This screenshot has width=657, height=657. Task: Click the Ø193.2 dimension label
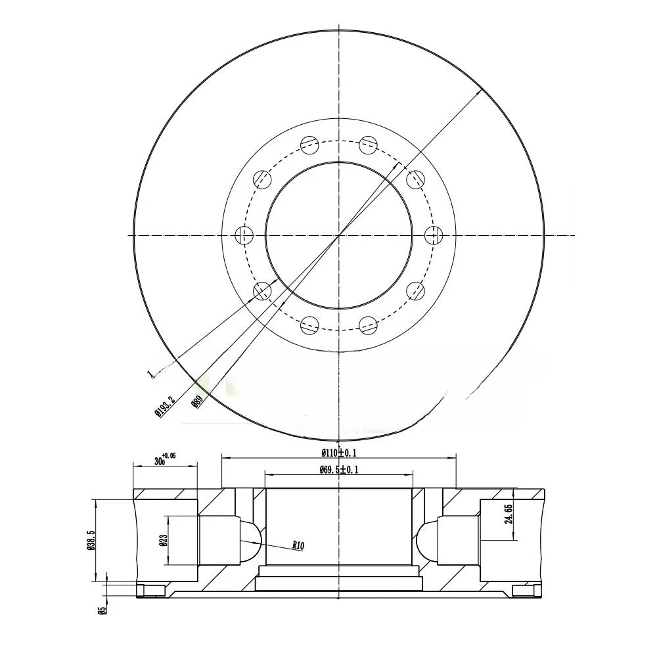[165, 405]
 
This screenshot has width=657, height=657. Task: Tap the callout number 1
[150, 374]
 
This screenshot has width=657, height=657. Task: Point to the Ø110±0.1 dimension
[339, 452]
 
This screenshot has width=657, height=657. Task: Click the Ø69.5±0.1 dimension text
[339, 469]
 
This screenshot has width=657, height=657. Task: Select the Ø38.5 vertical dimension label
[92, 541]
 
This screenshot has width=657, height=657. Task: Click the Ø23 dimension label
[162, 540]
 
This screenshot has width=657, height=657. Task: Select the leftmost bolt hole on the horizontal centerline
[244, 235]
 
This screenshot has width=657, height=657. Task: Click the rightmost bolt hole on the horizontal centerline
[434, 235]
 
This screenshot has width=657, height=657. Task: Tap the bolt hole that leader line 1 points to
[263, 290]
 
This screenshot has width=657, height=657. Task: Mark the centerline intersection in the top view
[339, 235]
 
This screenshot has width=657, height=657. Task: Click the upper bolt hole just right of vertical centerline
[369, 143]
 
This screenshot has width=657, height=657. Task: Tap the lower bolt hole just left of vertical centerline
[309, 325]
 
